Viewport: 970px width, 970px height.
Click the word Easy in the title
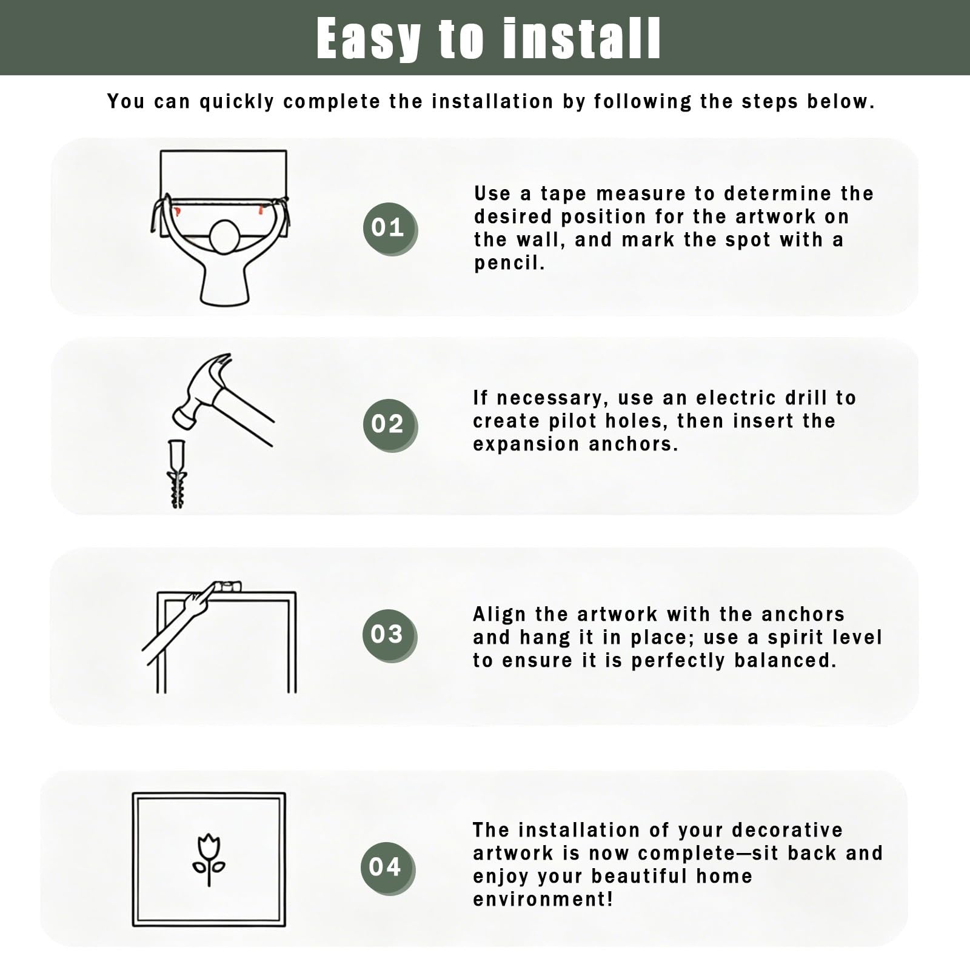pyautogui.click(x=369, y=39)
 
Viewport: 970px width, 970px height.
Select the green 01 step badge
pyautogui.click(x=389, y=228)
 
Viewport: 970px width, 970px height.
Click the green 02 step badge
pyautogui.click(x=389, y=424)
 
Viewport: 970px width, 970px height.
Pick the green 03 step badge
pyautogui.click(x=389, y=635)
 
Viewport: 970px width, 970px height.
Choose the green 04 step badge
pyautogui.click(x=387, y=868)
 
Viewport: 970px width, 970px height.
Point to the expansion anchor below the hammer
pyautogui.click(x=176, y=473)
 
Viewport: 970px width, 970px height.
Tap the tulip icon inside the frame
pyautogui.click(x=209, y=860)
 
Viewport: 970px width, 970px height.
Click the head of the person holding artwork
pyautogui.click(x=224, y=237)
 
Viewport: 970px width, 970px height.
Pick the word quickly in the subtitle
pyautogui.click(x=237, y=102)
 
